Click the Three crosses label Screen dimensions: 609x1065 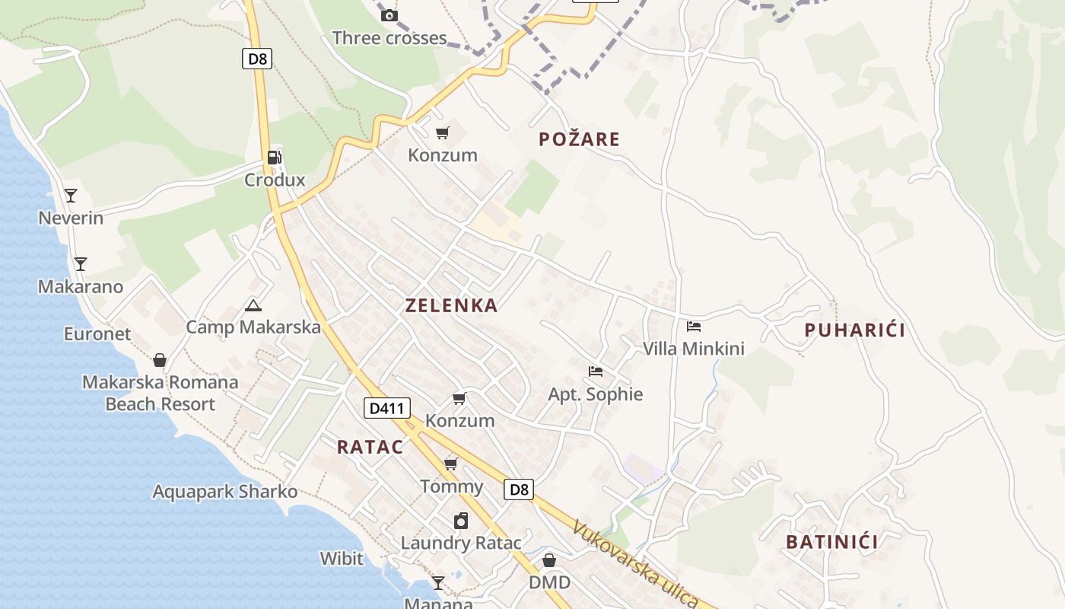389,38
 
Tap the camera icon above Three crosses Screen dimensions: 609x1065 389,15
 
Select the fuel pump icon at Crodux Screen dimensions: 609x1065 275,158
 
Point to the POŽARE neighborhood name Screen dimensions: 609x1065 580,139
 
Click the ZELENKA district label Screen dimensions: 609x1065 452,306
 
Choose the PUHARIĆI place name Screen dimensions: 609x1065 855,330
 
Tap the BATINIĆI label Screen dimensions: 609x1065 831,542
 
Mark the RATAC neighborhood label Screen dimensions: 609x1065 370,447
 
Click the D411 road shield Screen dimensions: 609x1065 386,409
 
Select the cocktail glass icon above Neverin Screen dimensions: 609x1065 71,196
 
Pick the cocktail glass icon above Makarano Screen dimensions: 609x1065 81,264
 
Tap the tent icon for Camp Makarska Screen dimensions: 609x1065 253,306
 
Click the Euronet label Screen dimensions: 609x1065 97,334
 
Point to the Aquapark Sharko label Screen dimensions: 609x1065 225,492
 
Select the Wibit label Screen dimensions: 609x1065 342,559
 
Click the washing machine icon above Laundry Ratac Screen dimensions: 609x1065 461,521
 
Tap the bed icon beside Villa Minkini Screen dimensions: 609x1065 694,327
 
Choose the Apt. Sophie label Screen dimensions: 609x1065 596,394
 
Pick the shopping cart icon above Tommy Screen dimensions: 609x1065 451,464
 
